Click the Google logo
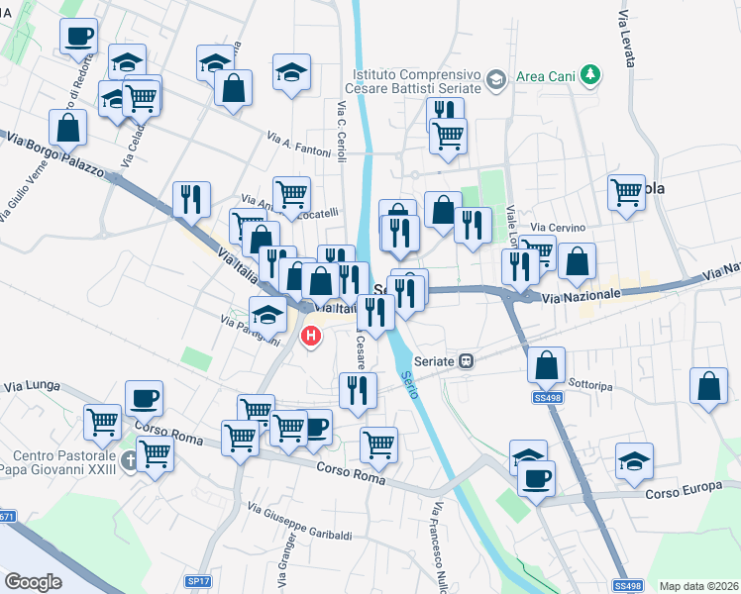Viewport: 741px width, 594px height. [33, 582]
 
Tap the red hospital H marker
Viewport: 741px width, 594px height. [311, 337]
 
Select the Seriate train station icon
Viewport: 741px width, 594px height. [467, 361]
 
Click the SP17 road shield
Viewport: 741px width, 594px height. [199, 582]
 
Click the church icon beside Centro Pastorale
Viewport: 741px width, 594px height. [129, 460]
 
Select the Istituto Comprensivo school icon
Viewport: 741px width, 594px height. [496, 78]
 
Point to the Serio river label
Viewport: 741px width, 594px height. [409, 382]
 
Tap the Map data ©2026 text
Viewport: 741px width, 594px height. [697, 586]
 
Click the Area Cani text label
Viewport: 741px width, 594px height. [544, 75]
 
